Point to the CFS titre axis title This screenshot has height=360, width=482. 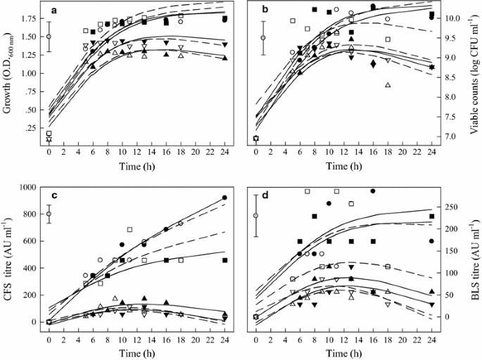pos(8,257)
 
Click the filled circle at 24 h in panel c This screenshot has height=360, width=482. pos(224,198)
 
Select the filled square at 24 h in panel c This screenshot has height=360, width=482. pos(224,260)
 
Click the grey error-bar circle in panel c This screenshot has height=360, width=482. pos(49,214)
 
